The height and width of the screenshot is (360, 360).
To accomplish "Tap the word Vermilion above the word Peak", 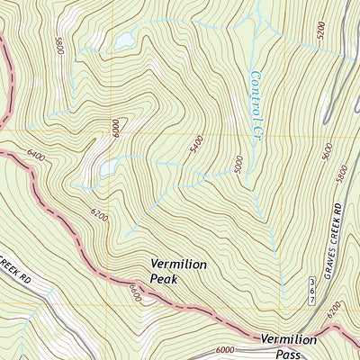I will tap(179, 265).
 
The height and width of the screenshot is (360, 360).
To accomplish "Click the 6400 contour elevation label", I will tap(37, 156).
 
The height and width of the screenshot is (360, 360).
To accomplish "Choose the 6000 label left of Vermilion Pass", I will tap(225, 350).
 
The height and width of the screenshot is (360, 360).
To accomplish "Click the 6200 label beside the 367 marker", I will tap(335, 310).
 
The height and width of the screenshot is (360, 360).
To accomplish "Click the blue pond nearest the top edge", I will tap(123, 40).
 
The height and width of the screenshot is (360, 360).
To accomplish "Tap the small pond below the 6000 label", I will tap(107, 167).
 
